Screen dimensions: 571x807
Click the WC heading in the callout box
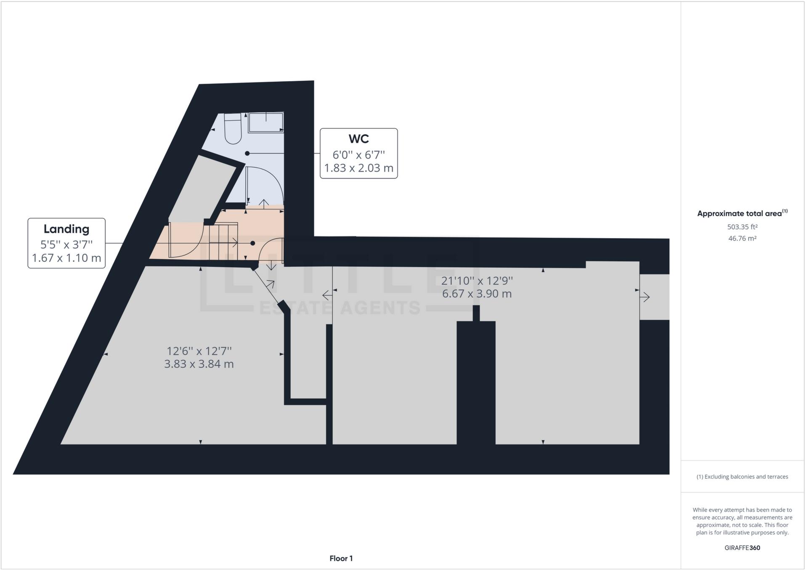point(358,139)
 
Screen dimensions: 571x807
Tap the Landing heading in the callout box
point(66,229)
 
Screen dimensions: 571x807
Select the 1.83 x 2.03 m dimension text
point(358,168)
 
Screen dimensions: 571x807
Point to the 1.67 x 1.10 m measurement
point(66,258)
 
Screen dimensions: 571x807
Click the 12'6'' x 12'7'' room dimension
point(199,351)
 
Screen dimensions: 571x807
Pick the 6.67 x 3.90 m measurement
point(477,294)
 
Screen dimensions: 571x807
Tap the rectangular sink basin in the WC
point(265,122)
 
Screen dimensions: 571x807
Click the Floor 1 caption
point(341,558)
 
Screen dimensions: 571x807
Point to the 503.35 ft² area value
point(742,227)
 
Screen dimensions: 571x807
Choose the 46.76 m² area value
point(742,238)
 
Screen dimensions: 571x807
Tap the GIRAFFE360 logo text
point(742,548)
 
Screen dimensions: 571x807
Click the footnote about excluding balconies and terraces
point(742,477)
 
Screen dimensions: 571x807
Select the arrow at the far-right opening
point(645,297)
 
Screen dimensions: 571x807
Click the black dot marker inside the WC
point(247,154)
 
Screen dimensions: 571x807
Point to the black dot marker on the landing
point(253,243)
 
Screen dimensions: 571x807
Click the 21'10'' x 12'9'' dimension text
point(477,280)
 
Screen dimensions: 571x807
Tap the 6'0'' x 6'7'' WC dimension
point(358,155)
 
